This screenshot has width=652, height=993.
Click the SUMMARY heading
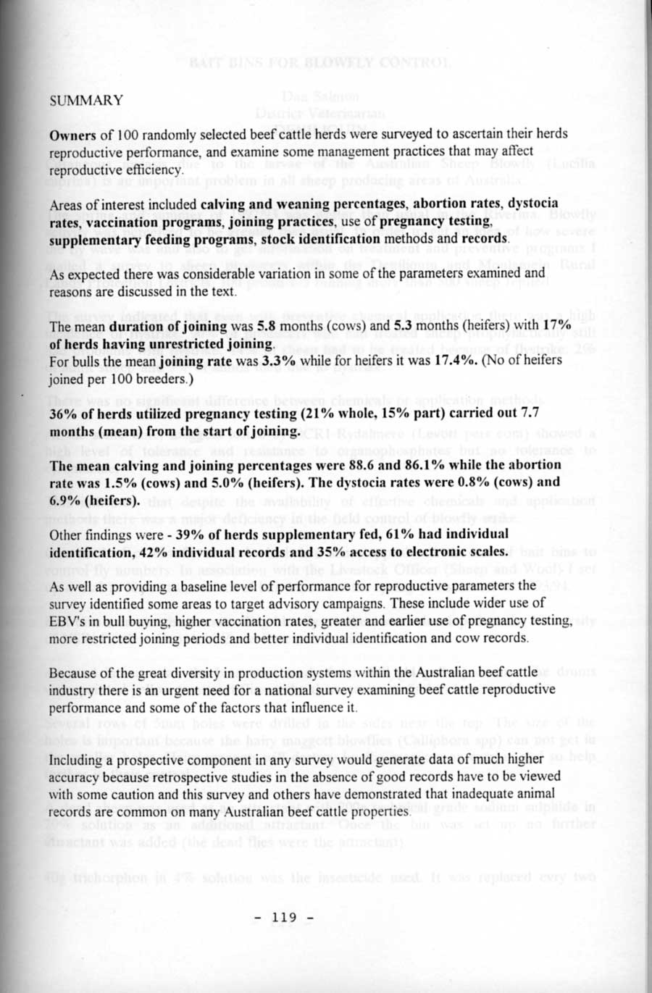click(x=86, y=101)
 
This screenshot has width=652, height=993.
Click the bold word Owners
click(x=72, y=135)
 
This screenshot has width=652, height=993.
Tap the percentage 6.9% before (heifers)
click(x=65, y=500)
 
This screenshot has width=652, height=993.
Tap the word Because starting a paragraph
click(x=73, y=672)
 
